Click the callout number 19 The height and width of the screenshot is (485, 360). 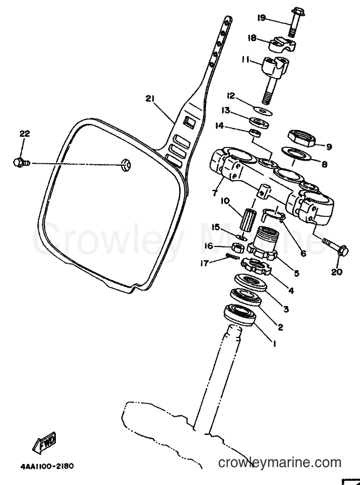[261, 18]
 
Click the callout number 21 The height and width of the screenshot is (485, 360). [150, 98]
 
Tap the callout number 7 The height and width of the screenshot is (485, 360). [214, 193]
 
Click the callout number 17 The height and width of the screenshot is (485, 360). [204, 263]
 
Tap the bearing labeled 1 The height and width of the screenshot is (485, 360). [240, 314]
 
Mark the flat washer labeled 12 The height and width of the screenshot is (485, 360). [262, 111]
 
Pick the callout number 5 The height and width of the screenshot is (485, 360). [297, 273]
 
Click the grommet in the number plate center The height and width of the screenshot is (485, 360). [125, 164]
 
